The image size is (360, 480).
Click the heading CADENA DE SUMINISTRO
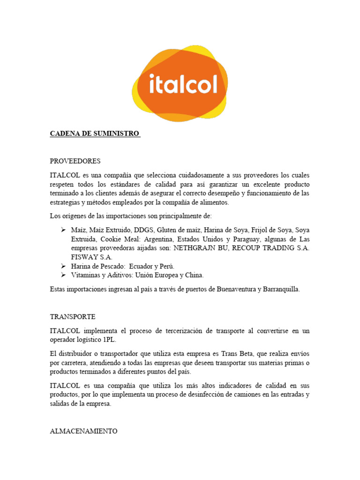pos(95,134)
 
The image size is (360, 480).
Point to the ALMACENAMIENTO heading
pos(83,431)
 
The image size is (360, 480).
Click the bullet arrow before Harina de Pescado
pos(64,266)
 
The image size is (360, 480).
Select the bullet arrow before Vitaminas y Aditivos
pos(64,275)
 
